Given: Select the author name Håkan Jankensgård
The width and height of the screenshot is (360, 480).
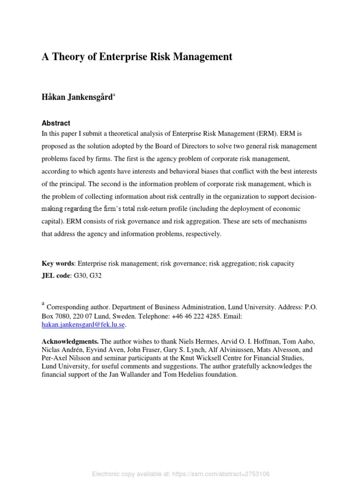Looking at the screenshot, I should pyautogui.click(x=77, y=97).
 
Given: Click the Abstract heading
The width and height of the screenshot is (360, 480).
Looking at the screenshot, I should pyautogui.click(x=56, y=123).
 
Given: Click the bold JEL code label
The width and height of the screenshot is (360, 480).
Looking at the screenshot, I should pyautogui.click(x=55, y=276).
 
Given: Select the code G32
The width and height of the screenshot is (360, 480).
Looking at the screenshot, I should pyautogui.click(x=95, y=276).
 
